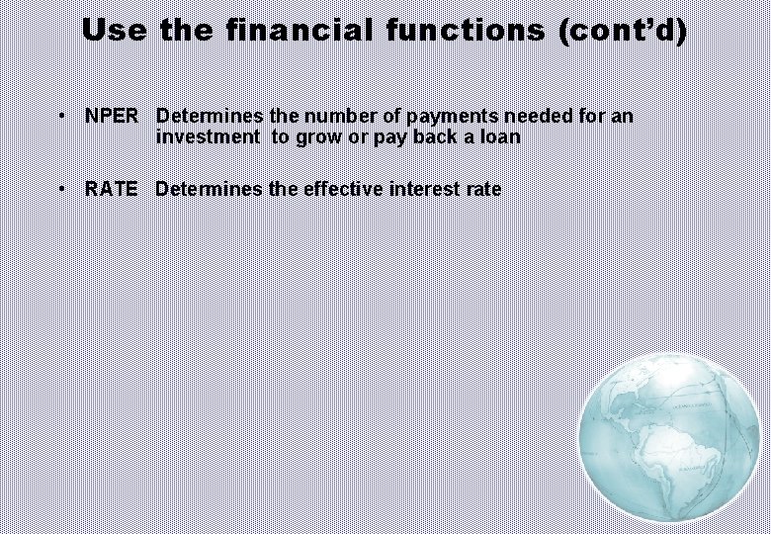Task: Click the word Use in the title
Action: (115, 30)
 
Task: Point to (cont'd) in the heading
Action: (622, 30)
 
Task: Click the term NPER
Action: (112, 117)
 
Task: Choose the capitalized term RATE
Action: (112, 189)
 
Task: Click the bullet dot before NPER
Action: (62, 117)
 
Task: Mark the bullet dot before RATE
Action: (62, 189)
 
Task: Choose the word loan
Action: (499, 137)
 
